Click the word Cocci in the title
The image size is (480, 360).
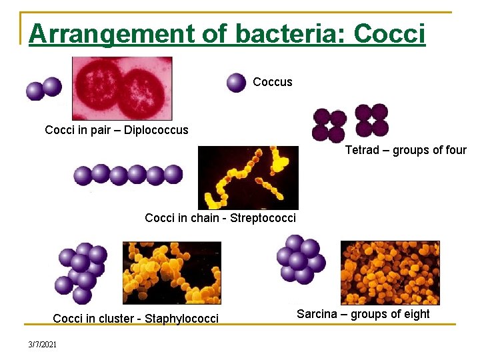tap(390, 33)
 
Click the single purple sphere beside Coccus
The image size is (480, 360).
tap(236, 83)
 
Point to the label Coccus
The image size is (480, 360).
tap(273, 82)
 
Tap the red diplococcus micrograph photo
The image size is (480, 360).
tap(122, 88)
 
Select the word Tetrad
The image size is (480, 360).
tap(362, 150)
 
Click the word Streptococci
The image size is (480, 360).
tap(263, 218)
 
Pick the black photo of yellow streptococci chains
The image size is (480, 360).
tap(248, 177)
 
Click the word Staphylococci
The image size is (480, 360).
tap(181, 319)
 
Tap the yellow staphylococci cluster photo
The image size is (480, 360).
tap(171, 273)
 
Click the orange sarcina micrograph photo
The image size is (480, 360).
tap(390, 273)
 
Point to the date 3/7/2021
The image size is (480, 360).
tap(43, 344)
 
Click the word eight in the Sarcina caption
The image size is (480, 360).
tap(415, 314)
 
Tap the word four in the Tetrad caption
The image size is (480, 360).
tap(454, 150)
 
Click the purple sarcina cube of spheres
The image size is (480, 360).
tap(299, 259)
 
